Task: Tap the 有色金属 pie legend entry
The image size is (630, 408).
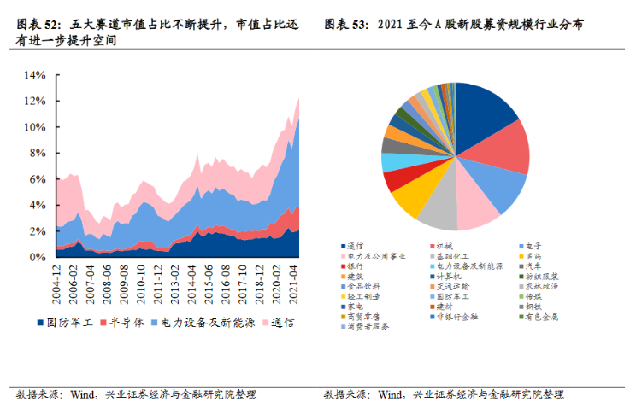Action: tap(544, 317)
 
